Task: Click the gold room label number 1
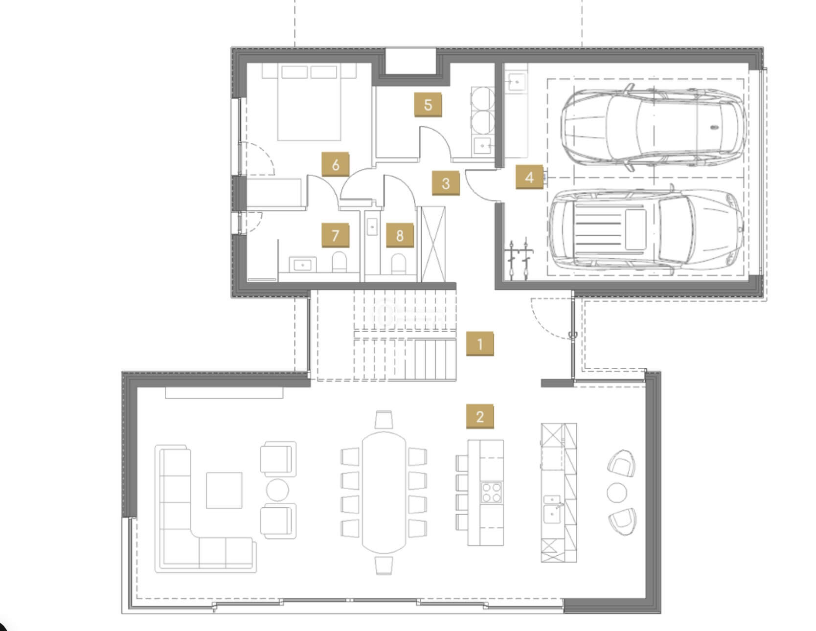coord(479,344)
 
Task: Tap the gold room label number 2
coord(479,416)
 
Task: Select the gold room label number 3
coord(446,183)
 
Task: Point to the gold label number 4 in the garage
coord(529,177)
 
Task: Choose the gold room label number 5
coord(428,105)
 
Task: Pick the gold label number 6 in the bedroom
coord(335,164)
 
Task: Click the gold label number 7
coord(335,235)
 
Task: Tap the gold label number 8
coord(400,235)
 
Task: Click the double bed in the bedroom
coord(309,103)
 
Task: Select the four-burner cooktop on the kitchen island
coord(491,493)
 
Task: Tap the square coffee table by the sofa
coord(224,490)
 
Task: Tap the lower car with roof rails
coord(646,230)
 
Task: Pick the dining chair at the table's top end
coord(384,420)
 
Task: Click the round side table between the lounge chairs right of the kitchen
coord(617,492)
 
